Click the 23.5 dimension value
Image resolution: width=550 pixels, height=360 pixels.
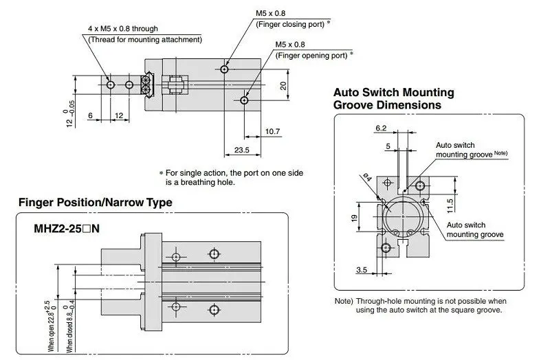pos(242,150)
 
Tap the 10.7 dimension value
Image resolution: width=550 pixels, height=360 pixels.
pos(272,131)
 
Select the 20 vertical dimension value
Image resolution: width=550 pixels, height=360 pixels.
pos(283,85)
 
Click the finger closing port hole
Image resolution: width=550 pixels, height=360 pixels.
pos(225,69)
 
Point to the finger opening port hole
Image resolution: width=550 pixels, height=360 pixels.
pos(244,100)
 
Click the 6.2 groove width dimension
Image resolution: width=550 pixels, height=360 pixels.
pos(381,128)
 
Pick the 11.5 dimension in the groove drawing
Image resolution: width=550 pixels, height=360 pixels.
pos(450,206)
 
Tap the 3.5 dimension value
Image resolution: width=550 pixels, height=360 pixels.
pos(362,269)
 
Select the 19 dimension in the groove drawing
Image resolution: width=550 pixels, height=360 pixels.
pos(354,218)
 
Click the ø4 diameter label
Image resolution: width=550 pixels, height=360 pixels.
pos(366,177)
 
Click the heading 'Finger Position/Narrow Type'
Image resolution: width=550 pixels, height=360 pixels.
pos(96,202)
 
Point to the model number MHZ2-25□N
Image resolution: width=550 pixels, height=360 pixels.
pos(67,229)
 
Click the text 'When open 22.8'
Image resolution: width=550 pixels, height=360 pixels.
pos(52,332)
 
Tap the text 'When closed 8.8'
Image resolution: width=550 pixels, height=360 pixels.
pos(70,333)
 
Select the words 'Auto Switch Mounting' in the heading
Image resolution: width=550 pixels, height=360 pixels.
pos(393,92)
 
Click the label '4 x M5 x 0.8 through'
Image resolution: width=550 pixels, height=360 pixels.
pos(123,29)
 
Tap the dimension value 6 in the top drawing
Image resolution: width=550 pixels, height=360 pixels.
pos(90,115)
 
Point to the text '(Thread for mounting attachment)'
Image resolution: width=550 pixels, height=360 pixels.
pos(145,40)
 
